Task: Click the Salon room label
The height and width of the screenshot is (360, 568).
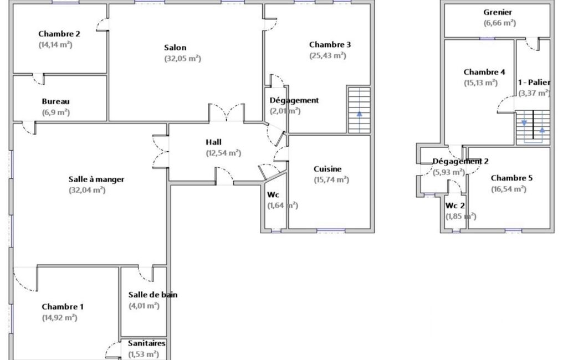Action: click(175, 48)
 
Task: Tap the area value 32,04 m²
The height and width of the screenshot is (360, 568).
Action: click(87, 190)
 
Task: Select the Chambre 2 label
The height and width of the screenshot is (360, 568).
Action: click(59, 34)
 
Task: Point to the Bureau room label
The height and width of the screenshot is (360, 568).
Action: click(55, 101)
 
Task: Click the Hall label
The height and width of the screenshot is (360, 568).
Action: click(214, 142)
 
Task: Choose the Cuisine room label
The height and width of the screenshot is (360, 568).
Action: click(328, 169)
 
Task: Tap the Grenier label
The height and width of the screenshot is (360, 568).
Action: click(498, 12)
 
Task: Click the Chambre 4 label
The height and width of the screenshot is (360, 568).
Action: click(484, 72)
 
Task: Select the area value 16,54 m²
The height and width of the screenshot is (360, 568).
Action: click(509, 189)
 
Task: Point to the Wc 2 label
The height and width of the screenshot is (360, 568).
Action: click(455, 205)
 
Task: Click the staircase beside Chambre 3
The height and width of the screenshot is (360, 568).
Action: click(359, 110)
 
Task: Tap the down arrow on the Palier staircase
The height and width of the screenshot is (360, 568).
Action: click(524, 123)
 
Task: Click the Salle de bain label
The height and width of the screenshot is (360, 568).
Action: click(153, 295)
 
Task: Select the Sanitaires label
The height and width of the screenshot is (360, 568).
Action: click(147, 343)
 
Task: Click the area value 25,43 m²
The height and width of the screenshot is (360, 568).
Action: click(328, 56)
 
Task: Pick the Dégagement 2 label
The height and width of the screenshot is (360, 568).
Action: click(460, 162)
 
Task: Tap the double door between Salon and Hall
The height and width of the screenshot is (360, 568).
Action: click(227, 112)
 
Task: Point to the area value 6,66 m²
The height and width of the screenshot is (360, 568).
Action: click(499, 23)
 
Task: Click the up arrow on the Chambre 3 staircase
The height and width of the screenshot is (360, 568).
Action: click(359, 114)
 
